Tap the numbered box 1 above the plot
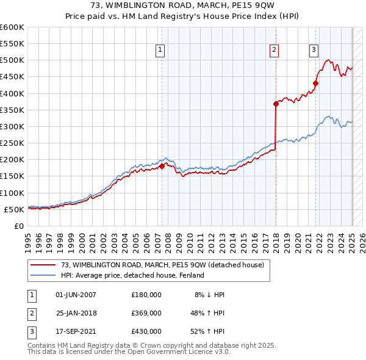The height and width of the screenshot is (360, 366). point(160,51)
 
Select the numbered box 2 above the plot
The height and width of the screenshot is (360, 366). point(274,51)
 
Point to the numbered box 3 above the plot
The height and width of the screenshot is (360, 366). point(314,51)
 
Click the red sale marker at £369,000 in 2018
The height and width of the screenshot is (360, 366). point(276,104)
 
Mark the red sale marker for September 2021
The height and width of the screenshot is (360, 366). point(316,84)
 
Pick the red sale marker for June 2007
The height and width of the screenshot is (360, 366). point(162,166)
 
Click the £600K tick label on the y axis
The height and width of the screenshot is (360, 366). point(12,27)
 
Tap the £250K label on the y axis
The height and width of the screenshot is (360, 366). point(12,143)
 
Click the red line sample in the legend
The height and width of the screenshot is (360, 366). point(43,265)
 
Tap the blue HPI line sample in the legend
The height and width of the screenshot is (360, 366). point(43,276)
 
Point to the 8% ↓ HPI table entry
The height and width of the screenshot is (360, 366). point(209,295)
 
